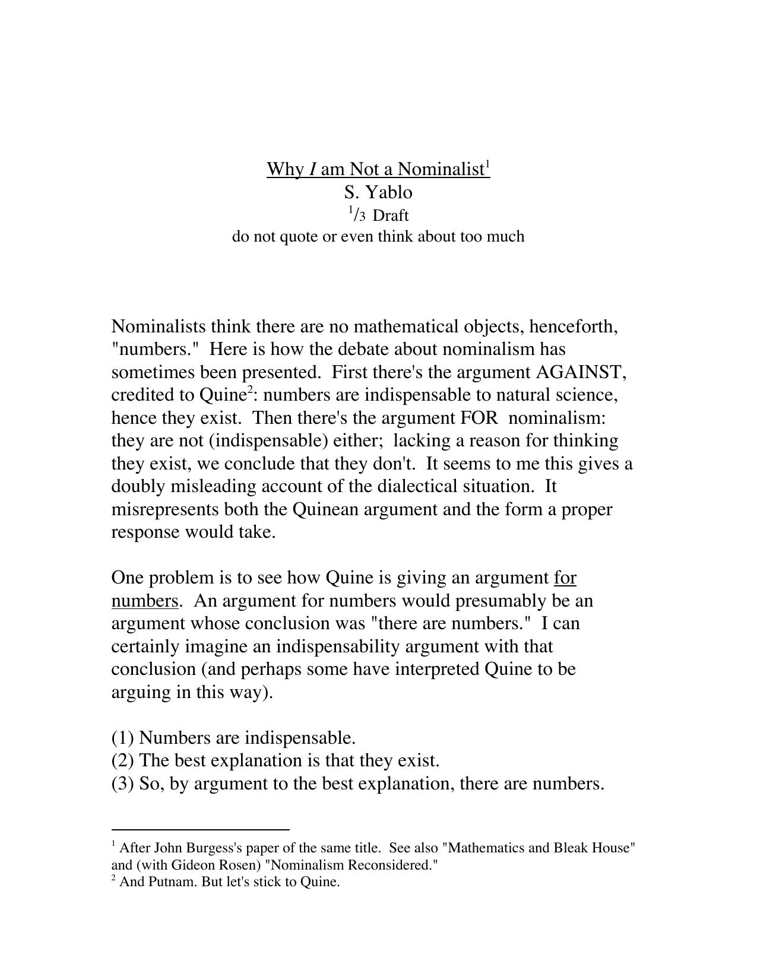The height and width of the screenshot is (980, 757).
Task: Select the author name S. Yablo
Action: coord(378,192)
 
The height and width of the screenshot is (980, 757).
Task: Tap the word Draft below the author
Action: coord(391,215)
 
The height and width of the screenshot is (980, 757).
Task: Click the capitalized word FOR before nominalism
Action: coord(479,418)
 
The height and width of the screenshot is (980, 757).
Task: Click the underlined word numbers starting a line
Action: coord(144,601)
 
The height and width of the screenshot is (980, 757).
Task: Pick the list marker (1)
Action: coord(123,738)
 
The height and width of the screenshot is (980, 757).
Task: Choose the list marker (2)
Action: coord(123,761)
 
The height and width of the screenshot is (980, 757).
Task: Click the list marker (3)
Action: coord(123,784)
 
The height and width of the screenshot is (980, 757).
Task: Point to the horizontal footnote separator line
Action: coord(200,830)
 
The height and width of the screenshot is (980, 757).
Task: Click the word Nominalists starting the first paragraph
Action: coord(158,327)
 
